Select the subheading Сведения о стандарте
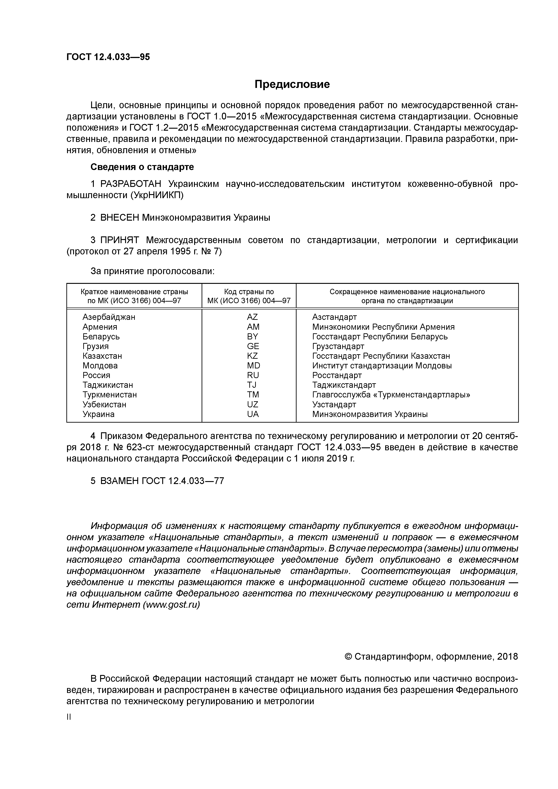click(142, 167)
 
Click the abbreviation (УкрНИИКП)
click(157, 195)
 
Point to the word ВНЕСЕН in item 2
click(120, 217)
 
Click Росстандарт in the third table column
click(337, 375)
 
